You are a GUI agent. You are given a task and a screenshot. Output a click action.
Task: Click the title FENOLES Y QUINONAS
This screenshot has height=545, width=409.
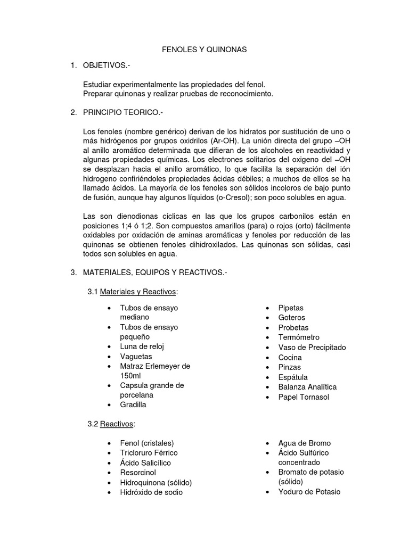[x=204, y=49]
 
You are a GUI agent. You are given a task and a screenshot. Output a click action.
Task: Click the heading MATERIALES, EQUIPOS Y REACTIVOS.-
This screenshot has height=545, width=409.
[x=155, y=272]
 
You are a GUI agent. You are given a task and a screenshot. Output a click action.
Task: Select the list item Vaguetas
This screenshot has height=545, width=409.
[x=136, y=356]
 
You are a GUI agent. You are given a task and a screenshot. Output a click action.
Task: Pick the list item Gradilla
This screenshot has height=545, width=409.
[x=133, y=404]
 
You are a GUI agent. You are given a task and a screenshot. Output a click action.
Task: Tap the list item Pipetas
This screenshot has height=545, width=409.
[x=291, y=308]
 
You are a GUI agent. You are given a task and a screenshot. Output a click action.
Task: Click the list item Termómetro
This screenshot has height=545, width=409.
[x=299, y=337]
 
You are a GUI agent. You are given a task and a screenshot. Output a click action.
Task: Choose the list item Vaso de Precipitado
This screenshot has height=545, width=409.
[x=312, y=347]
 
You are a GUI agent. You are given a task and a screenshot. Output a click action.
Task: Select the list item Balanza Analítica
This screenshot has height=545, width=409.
[x=307, y=386]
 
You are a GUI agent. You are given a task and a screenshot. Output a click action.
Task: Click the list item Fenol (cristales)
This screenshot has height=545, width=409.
[x=147, y=443]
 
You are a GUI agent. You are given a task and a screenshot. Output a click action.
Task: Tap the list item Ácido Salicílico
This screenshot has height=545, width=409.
[x=145, y=463]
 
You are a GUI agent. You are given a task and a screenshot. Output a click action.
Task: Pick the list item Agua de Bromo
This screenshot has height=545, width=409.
[x=304, y=443]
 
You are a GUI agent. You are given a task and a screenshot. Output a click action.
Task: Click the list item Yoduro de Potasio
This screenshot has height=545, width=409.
[x=309, y=492]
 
